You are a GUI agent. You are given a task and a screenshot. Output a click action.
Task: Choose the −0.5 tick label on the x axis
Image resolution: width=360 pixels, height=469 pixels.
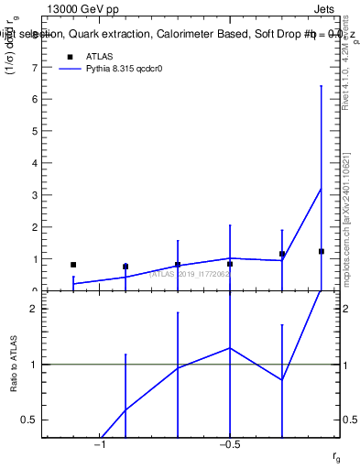coord(229,444)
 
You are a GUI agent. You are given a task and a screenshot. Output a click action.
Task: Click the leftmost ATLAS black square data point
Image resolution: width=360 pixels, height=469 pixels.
coord(73,265)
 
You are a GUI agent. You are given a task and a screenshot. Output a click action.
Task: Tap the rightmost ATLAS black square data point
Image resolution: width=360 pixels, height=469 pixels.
coord(322,251)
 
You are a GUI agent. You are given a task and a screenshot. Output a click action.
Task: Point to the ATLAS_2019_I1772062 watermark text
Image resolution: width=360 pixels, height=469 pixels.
coord(190,273)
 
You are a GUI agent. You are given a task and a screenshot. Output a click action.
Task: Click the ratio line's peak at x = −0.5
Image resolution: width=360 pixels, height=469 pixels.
coord(230,348)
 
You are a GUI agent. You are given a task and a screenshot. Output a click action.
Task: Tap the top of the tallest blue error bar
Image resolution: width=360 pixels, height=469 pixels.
coord(322,85)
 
